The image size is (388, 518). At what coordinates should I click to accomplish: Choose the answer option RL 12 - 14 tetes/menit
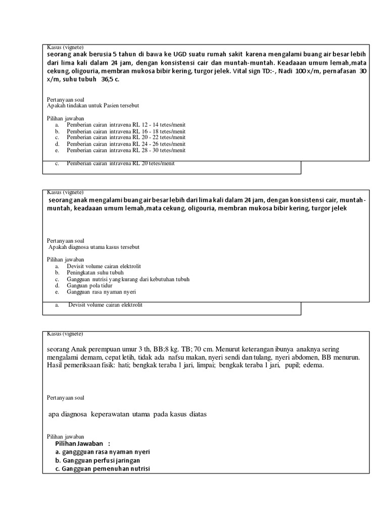[x=126, y=124]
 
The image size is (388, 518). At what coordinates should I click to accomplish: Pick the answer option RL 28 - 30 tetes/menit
[x=126, y=150]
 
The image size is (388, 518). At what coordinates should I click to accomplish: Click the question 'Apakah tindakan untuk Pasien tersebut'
[x=93, y=106]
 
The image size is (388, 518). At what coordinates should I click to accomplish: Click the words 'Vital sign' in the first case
[x=245, y=71]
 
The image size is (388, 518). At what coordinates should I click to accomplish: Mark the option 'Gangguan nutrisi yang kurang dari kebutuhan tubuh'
[x=128, y=279]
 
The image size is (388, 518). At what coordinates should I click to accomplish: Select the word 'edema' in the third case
[x=313, y=365]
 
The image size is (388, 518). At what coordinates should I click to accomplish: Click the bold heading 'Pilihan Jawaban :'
[x=82, y=444]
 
